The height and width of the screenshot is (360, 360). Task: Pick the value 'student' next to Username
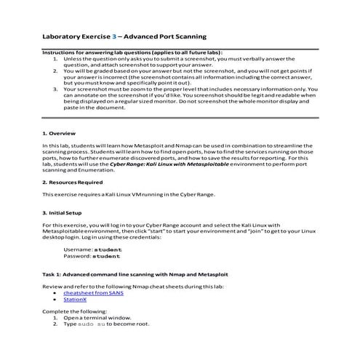click(108, 249)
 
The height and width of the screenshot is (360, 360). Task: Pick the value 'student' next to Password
click(108, 256)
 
